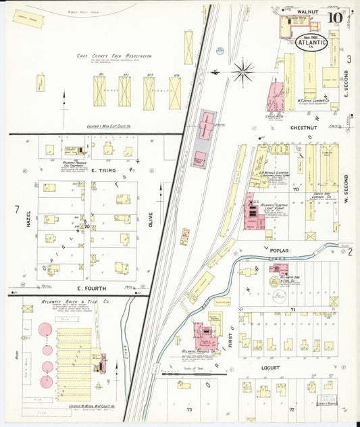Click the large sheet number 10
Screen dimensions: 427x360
pos(335,18)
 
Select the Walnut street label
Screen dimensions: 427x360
pos(307,11)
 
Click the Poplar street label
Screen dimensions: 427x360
pos(298,251)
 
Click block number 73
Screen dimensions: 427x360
pos(190,409)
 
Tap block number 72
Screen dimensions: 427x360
pos(292,409)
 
